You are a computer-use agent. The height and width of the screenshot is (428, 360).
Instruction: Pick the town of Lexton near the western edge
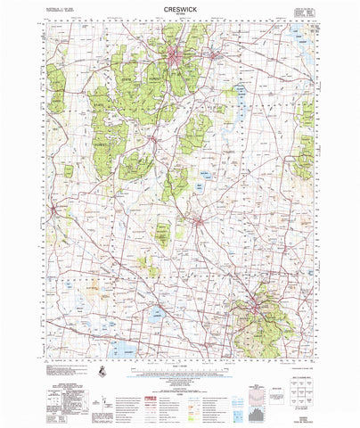click(x=56, y=210)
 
